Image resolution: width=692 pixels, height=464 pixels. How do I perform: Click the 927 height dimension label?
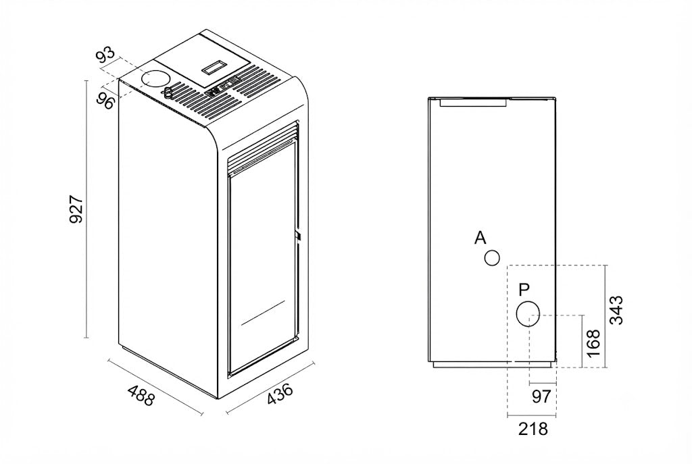pyautogui.click(x=77, y=209)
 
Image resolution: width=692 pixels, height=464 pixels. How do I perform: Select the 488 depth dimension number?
pyautogui.click(x=141, y=395)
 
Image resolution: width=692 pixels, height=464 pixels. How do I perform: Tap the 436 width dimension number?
pyautogui.click(x=280, y=394)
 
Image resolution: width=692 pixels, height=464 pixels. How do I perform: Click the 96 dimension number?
pyautogui.click(x=105, y=101)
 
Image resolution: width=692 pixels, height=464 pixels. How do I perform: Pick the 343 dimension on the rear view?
pyautogui.click(x=616, y=310)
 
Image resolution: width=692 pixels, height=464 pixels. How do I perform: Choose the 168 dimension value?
pyautogui.click(x=593, y=342)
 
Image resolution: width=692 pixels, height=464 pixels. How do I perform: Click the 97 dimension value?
pyautogui.click(x=541, y=396)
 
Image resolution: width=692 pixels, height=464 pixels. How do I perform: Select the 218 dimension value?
pyautogui.click(x=533, y=428)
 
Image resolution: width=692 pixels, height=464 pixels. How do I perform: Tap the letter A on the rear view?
pyautogui.click(x=480, y=238)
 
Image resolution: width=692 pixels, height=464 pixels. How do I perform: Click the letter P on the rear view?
pyautogui.click(x=524, y=290)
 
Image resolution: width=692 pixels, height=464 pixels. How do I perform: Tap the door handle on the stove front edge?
pyautogui.click(x=299, y=236)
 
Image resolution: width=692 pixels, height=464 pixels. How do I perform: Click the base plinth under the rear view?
pyautogui.click(x=492, y=365)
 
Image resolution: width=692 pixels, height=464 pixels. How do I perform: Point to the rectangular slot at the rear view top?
pyautogui.click(x=472, y=103)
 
